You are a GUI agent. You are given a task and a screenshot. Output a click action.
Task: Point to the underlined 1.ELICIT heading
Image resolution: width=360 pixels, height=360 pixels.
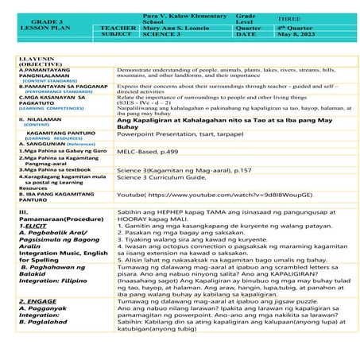pos(31,226)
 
